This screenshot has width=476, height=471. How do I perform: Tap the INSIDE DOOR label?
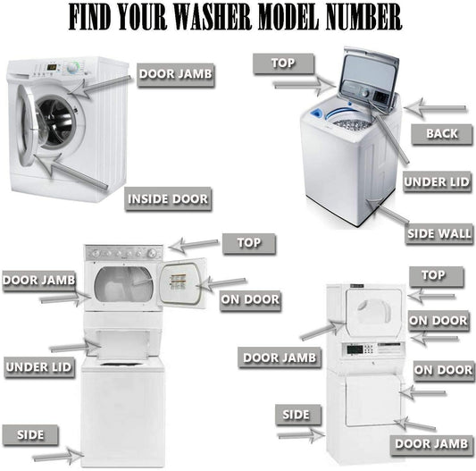coord(168,198)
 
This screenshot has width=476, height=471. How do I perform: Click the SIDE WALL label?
coord(438,234)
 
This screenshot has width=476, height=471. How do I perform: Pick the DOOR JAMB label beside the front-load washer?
coord(176,74)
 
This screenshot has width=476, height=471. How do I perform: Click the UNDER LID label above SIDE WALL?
coord(437,182)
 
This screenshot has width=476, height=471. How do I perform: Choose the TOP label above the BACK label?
coord(282,63)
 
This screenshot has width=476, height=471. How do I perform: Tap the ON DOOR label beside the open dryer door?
coord(250,299)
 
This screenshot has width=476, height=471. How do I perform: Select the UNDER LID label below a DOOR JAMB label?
coord(38,366)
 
